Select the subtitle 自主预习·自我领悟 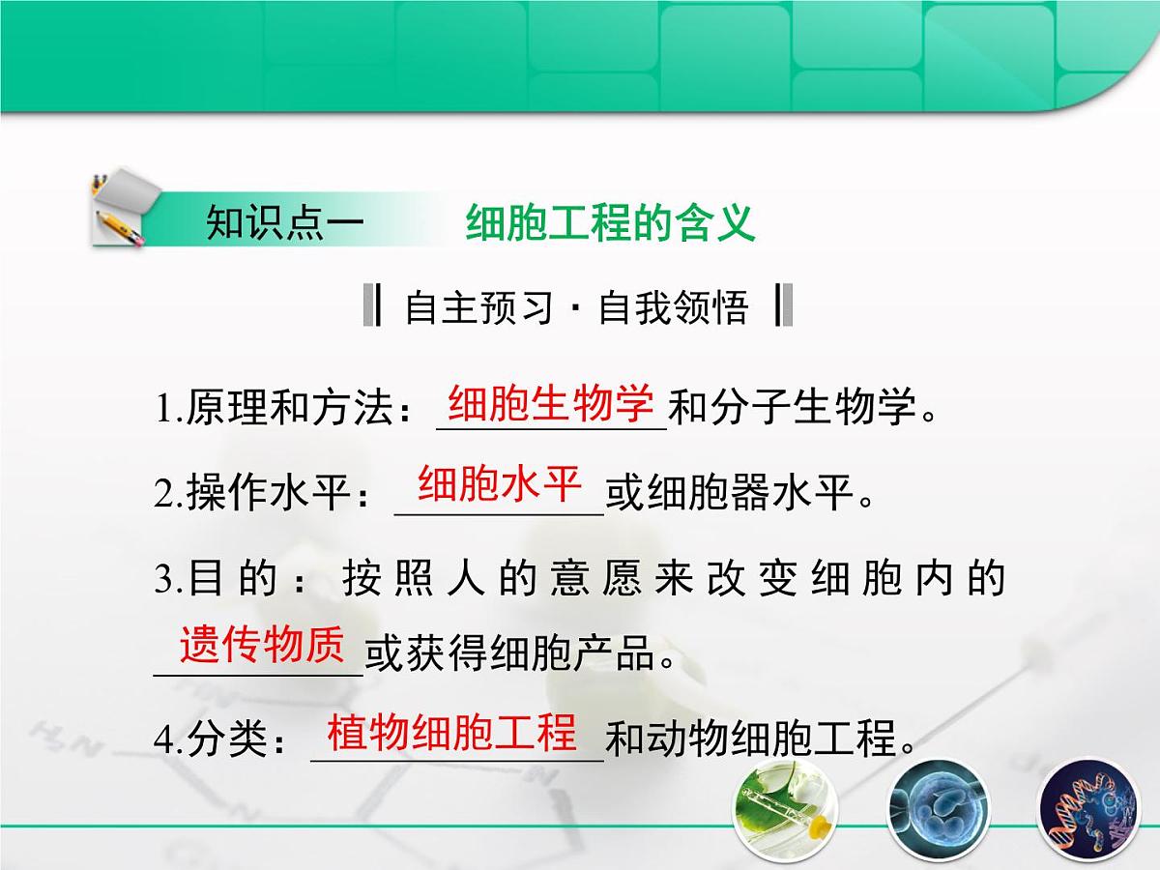577,307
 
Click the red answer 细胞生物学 552,404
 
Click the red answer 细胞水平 499,484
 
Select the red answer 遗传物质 261,645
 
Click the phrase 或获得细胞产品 518,656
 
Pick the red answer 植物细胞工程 452,732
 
